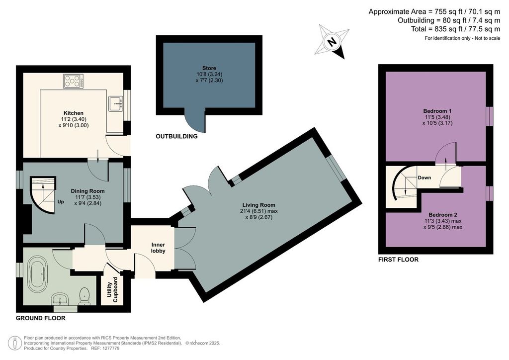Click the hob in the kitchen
(74, 81)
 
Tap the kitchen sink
(115, 103)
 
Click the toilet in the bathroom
(85, 296)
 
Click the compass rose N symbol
(332, 42)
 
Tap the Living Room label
(258, 205)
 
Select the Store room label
(209, 68)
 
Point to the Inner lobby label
(158, 248)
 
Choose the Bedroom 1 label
(437, 111)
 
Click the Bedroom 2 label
(443, 215)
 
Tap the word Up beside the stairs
(61, 201)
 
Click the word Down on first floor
(424, 178)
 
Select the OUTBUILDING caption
(176, 136)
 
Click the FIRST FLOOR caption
(398, 260)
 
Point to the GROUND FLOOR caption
(41, 318)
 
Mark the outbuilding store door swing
(195, 121)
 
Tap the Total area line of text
(455, 29)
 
